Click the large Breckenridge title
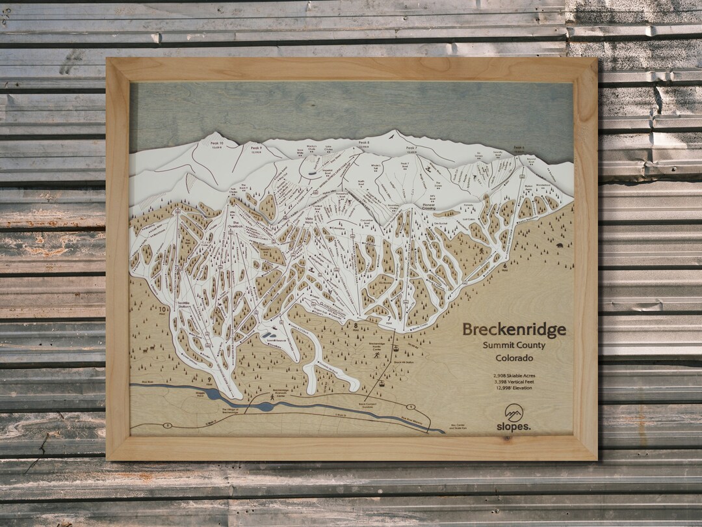513,330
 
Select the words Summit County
513,345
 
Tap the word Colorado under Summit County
513,358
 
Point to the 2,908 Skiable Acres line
513,375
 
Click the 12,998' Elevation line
513,388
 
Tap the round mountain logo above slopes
514,412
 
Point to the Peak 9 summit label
255,149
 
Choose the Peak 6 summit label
519,149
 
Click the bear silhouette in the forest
558,247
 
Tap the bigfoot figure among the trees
481,251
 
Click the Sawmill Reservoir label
271,340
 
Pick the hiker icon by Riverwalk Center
272,398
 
